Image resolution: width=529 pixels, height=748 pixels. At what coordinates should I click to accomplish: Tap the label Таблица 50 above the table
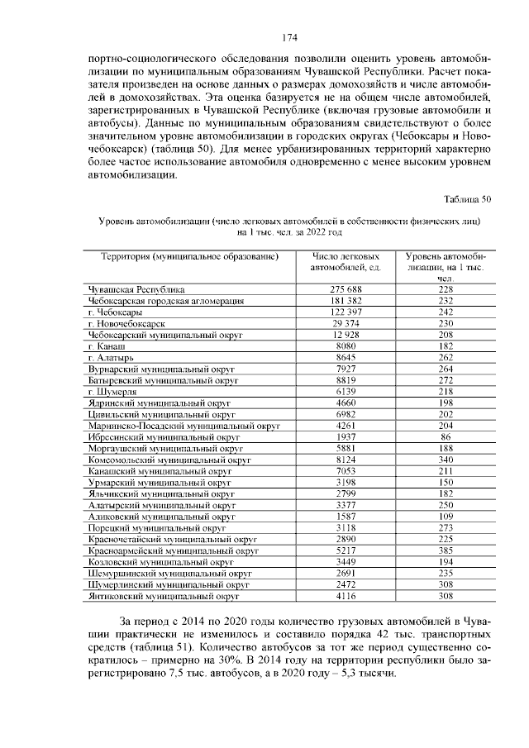pos(467,199)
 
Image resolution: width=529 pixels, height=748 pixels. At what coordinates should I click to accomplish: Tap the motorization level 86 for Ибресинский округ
pos(446,436)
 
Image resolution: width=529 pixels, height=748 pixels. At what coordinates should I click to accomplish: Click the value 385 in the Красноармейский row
pos(446,549)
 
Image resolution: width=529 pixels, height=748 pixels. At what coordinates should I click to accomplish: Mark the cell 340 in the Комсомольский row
pos(446,460)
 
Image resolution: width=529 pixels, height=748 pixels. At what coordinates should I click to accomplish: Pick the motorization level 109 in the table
pos(446,515)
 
